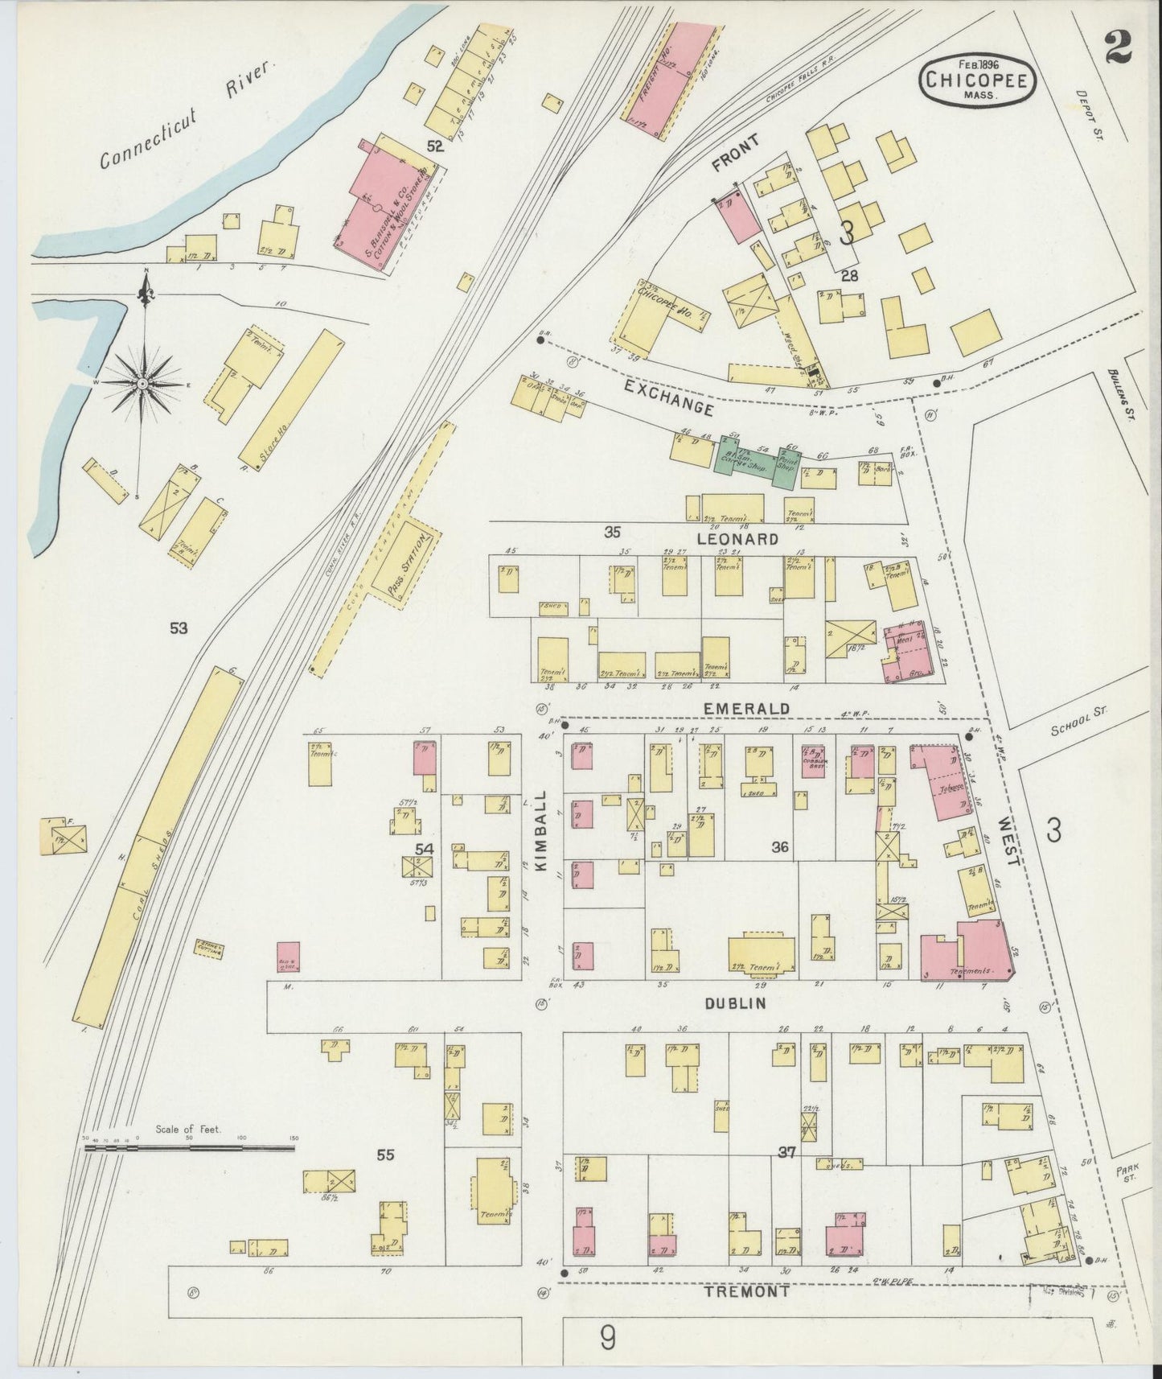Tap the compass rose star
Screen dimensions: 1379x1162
click(x=142, y=384)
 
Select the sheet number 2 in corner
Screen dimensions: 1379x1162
click(x=1118, y=47)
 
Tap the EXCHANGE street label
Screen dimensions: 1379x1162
click(x=669, y=398)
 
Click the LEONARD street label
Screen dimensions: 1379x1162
click(x=737, y=538)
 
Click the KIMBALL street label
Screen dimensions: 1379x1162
click(x=540, y=829)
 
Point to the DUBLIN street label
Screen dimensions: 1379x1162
click(x=735, y=1003)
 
